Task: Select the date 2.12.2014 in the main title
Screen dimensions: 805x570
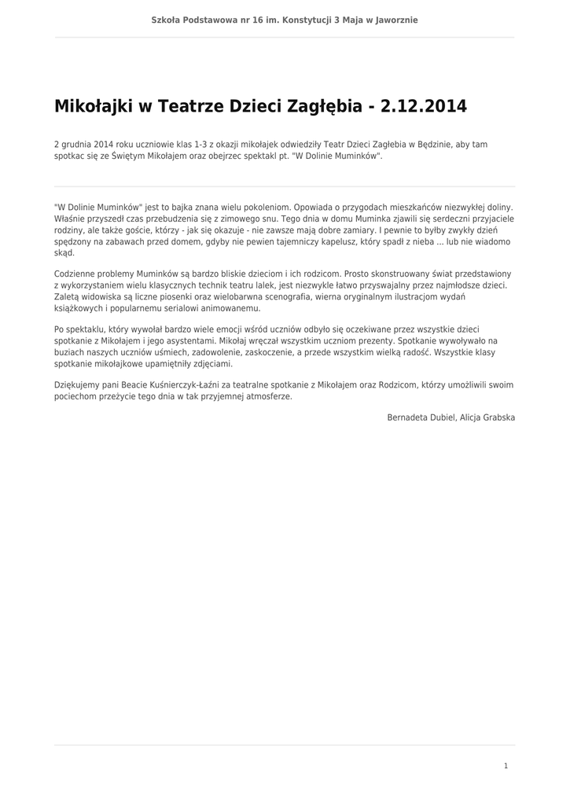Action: [423, 106]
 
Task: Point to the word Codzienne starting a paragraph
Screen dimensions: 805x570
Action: [77, 273]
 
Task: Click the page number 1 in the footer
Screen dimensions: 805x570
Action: [506, 766]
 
